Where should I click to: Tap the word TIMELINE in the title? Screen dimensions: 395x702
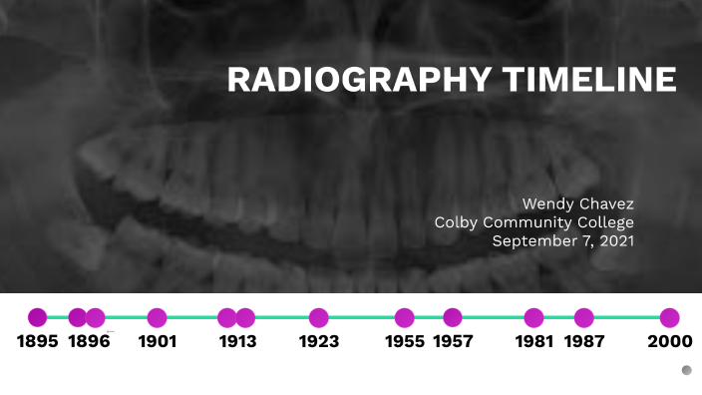click(587, 80)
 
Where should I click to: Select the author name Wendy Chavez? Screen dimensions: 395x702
click(578, 203)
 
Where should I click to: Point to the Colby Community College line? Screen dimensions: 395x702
click(533, 222)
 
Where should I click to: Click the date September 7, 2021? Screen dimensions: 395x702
click(562, 240)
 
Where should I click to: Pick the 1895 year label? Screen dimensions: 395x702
click(38, 342)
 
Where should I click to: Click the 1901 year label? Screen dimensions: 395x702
click(157, 342)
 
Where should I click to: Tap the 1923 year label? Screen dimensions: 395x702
click(319, 342)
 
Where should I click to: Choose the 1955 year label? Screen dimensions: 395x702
click(405, 342)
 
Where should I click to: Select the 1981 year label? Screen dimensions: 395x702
click(534, 342)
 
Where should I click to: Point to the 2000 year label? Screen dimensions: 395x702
click(669, 342)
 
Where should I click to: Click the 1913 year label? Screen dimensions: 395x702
click(237, 342)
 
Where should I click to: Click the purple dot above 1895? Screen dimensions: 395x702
click(38, 318)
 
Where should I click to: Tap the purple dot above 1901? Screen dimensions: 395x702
click(157, 318)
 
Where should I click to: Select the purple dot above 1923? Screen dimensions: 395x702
click(319, 318)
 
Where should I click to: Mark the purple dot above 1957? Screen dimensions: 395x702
click(453, 318)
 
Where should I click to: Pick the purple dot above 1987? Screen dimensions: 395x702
click(584, 318)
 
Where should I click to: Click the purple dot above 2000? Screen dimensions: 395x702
click(669, 318)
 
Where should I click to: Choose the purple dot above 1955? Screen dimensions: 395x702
click(404, 318)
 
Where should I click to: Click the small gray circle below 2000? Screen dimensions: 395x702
click(686, 370)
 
